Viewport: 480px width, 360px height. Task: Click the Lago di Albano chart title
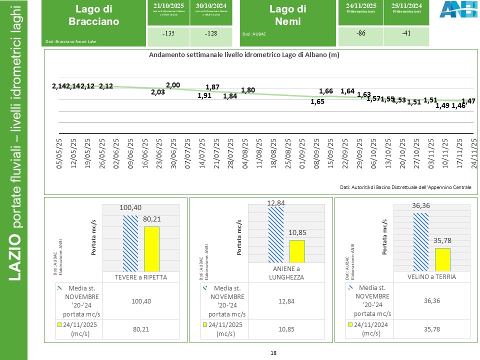click(x=244, y=55)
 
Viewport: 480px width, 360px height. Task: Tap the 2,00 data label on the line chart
click(x=173, y=85)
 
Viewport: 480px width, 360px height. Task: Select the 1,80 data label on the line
click(x=248, y=90)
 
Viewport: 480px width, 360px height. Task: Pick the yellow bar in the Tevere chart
click(x=151, y=249)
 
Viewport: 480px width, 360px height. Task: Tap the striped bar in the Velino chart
click(x=421, y=242)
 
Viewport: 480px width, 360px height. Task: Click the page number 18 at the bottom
click(x=273, y=353)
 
